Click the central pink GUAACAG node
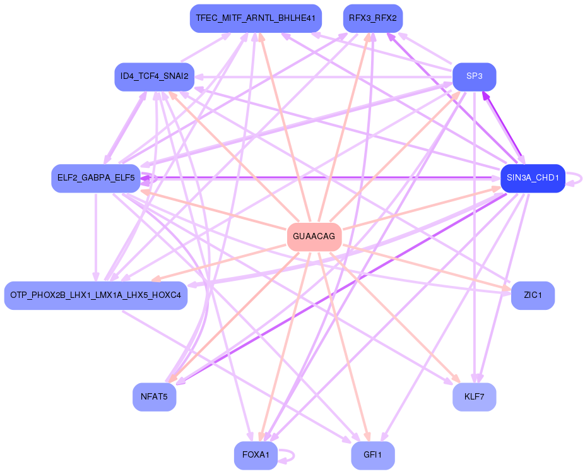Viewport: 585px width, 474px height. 314,237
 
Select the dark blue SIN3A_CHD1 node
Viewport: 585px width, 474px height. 532,178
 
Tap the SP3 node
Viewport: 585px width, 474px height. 474,76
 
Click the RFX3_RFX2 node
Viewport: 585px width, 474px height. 372,18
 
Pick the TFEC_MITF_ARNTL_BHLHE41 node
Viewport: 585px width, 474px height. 256,18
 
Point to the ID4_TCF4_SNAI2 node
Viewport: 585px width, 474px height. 154,76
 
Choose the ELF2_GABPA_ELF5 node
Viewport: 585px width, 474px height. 96,178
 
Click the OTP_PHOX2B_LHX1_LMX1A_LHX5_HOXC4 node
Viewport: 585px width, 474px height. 96,295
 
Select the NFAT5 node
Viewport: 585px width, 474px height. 154,397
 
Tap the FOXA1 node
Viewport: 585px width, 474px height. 256,455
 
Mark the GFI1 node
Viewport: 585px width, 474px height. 372,455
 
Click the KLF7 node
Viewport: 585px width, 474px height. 474,397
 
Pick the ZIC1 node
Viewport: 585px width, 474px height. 532,295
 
